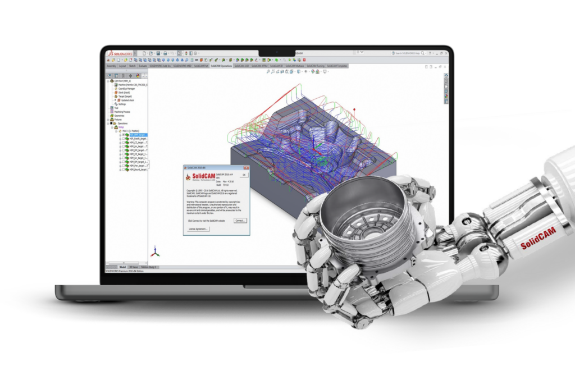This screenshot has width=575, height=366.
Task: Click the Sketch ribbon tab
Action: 133,66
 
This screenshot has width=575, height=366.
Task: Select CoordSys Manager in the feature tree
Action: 125,89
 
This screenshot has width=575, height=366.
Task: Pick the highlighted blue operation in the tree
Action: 137,135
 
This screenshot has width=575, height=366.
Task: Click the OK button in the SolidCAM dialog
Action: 244,175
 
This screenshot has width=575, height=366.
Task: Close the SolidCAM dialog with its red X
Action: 246,167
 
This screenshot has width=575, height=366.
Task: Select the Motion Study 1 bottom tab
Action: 149,267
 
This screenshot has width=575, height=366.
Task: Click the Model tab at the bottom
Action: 122,267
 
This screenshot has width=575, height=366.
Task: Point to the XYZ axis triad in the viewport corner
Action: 157,251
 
